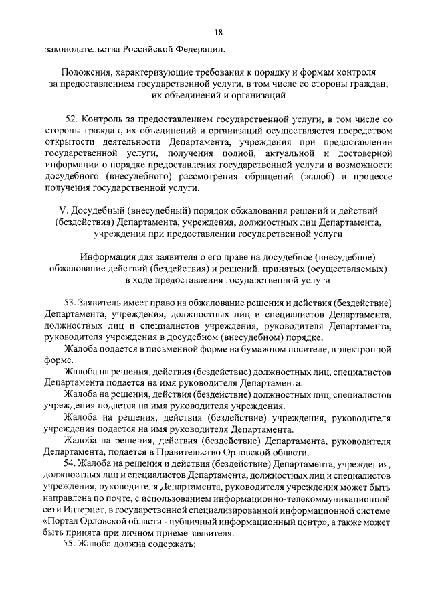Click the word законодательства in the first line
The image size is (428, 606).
(83, 50)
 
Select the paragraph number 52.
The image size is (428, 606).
(73, 118)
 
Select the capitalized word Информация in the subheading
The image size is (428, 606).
(107, 258)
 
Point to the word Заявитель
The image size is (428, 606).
(100, 303)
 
